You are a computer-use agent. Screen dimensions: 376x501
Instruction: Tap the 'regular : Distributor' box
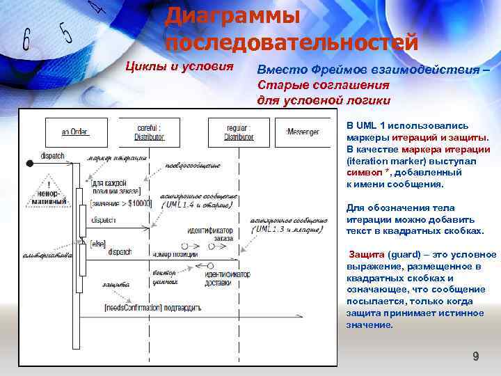coord(238,132)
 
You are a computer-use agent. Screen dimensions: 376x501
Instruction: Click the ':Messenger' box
coord(303,132)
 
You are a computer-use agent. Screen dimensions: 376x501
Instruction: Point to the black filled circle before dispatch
coord(30,163)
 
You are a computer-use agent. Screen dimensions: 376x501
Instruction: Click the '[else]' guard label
coord(97,243)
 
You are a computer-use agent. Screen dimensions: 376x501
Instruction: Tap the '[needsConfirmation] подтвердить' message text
coord(152,307)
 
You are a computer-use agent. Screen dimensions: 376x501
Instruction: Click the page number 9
coord(476,357)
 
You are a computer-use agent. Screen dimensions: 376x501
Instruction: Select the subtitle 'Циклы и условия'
coord(178,67)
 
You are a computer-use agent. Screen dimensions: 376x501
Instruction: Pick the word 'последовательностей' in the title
coord(292,41)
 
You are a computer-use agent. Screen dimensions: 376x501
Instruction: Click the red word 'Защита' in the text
coord(365,254)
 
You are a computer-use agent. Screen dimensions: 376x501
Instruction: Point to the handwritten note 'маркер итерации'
coord(116,159)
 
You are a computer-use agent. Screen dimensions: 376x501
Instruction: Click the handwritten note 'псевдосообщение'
coord(193,166)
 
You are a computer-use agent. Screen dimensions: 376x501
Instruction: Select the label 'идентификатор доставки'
coord(228,278)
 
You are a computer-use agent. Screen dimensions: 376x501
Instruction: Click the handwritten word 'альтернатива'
coord(48,256)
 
